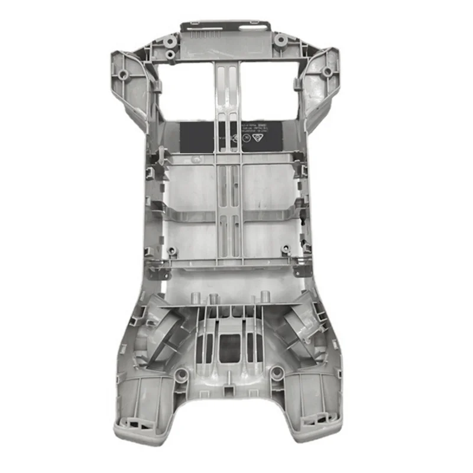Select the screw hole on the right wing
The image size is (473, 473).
[x=326, y=72]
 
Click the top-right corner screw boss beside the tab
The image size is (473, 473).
[x=280, y=40]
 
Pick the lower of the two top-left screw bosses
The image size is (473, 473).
[x=170, y=54]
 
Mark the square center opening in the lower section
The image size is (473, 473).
[x=230, y=348]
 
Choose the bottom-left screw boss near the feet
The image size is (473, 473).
[x=182, y=375]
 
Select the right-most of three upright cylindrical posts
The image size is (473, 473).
[x=265, y=296]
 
